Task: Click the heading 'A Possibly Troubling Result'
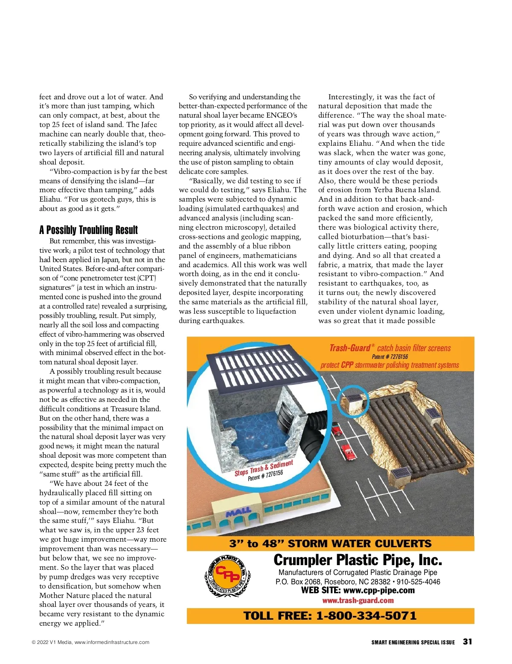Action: [x=88, y=230]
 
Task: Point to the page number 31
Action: [x=467, y=641]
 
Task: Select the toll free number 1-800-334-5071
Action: [x=366, y=616]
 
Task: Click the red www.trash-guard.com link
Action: [x=358, y=600]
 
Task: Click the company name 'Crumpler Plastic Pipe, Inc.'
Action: [x=358, y=560]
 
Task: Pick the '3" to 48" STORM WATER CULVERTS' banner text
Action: [x=330, y=543]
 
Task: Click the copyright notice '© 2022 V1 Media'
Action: [x=51, y=642]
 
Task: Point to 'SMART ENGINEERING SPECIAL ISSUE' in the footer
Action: [x=413, y=642]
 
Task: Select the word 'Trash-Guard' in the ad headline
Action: [x=350, y=348]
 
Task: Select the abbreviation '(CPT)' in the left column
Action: [x=147, y=278]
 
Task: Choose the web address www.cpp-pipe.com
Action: [x=379, y=591]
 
